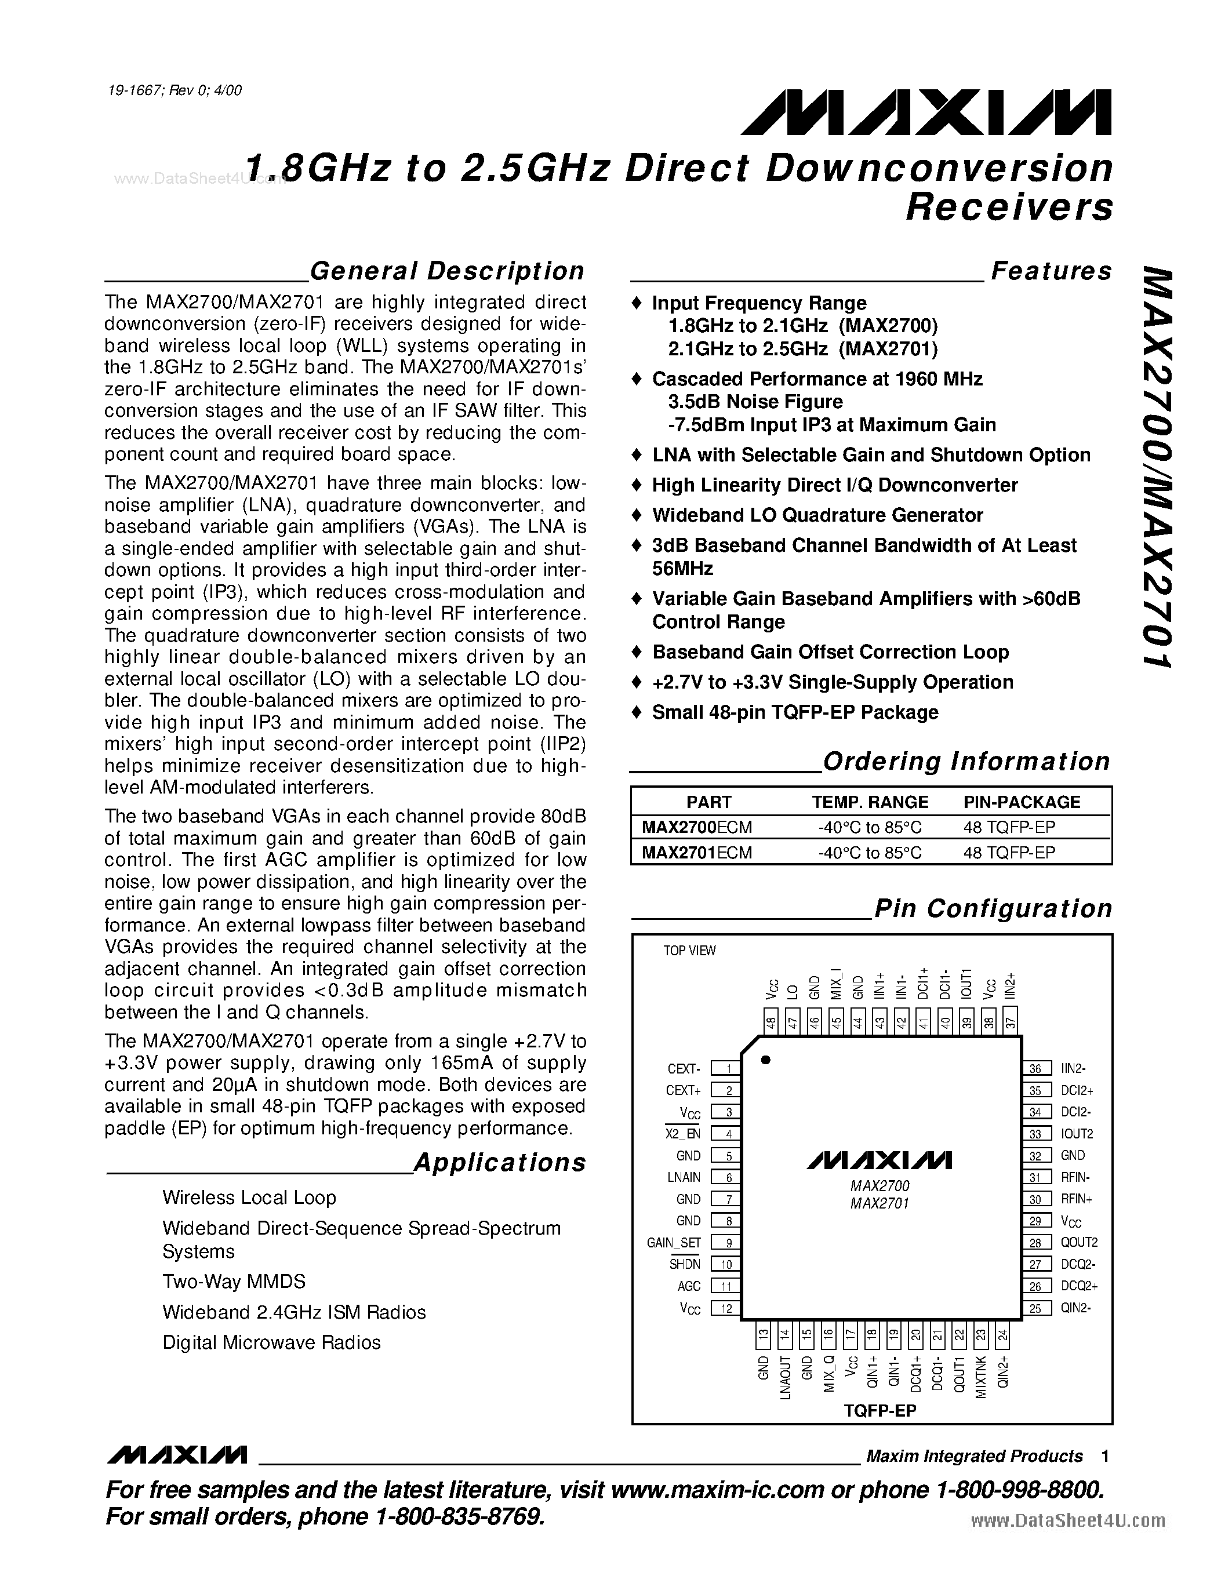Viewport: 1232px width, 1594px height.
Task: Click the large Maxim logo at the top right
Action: [x=925, y=113]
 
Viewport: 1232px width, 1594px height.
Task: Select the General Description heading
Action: [x=446, y=271]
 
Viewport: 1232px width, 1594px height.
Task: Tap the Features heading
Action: [x=1051, y=271]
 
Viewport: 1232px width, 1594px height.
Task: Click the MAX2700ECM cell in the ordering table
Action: [x=696, y=827]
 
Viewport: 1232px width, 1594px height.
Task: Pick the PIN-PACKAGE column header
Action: [x=1021, y=802]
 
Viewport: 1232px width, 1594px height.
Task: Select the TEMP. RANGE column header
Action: [x=870, y=802]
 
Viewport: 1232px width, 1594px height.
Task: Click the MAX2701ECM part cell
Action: [x=696, y=853]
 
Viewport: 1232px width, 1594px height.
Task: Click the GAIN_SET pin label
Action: [x=673, y=1243]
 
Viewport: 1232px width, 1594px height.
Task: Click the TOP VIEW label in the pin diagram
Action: [x=689, y=950]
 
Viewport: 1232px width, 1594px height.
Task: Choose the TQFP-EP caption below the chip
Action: [x=880, y=1411]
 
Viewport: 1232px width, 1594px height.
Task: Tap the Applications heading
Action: [x=499, y=1163]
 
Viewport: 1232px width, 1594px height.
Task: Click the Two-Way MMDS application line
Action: [x=234, y=1282]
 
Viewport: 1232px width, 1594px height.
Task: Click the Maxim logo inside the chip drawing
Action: [x=879, y=1160]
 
